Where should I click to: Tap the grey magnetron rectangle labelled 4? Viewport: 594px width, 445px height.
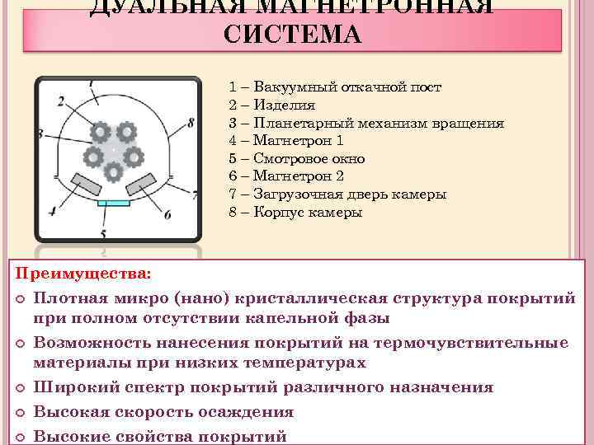83,181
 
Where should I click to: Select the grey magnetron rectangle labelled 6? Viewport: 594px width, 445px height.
141,180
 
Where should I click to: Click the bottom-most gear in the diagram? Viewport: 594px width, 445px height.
114,171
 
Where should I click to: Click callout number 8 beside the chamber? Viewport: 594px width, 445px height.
191,124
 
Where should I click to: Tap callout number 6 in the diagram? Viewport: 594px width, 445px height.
167,215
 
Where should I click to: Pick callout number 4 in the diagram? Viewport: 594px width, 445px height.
52,211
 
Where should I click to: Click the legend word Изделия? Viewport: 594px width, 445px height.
285,105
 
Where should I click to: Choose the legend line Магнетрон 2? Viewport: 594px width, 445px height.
298,176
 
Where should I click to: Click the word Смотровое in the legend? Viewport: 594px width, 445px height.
289,159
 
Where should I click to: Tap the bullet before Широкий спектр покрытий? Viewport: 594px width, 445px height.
21,388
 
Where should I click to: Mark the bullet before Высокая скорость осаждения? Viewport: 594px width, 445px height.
21,412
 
